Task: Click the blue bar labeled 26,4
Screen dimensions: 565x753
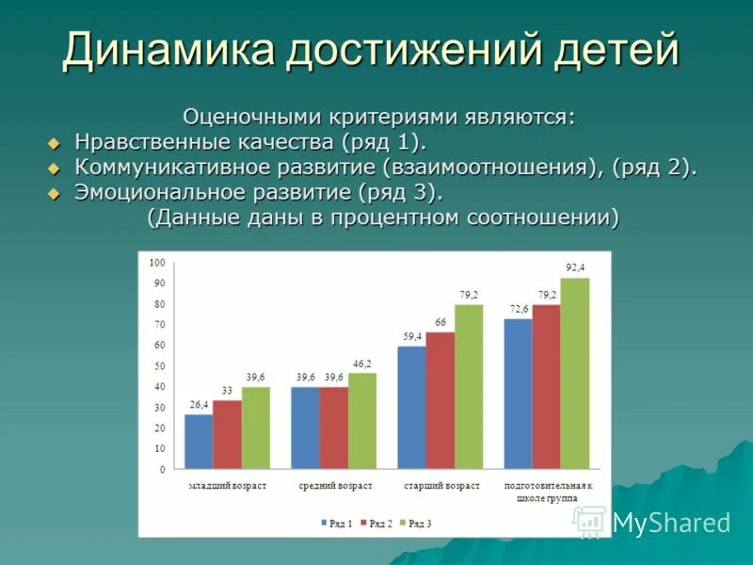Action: (x=199, y=442)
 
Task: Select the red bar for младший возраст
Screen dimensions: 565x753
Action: (x=227, y=434)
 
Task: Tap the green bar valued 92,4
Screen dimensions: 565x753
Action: (x=574, y=373)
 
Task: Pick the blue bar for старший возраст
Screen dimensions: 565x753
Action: (x=411, y=408)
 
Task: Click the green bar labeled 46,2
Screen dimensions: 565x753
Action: (x=362, y=421)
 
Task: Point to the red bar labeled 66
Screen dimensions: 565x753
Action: (x=440, y=400)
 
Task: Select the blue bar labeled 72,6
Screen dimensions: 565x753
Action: (x=518, y=394)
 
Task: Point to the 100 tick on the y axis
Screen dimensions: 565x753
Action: (x=156, y=262)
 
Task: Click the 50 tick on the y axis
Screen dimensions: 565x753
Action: (x=159, y=365)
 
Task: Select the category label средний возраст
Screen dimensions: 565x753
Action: (x=336, y=486)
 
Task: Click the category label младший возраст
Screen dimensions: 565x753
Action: (x=227, y=486)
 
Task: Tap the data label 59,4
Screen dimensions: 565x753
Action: (x=411, y=336)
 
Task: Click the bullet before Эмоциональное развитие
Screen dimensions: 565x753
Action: (x=54, y=192)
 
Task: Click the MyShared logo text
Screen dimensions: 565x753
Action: (x=671, y=523)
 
